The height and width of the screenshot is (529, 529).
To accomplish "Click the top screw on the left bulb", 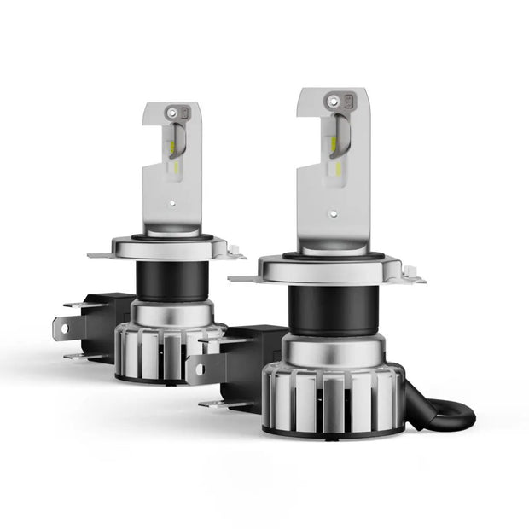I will coord(176,112).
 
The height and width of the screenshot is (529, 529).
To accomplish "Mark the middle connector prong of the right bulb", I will coord(196,369).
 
